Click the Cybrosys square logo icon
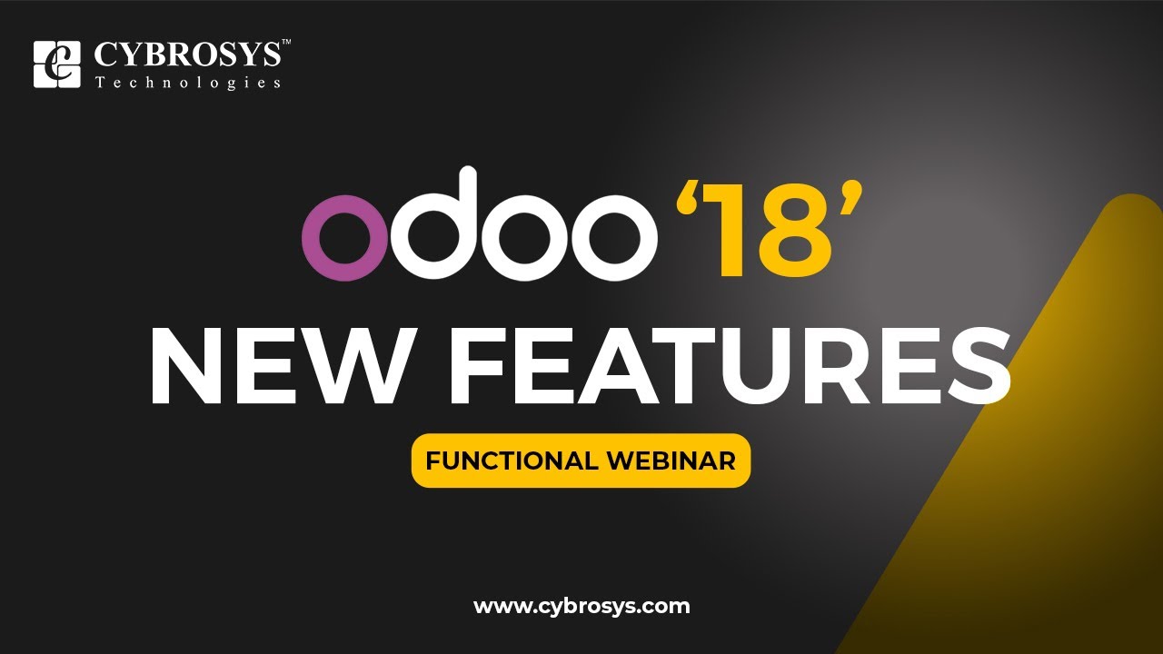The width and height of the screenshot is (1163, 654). (56, 64)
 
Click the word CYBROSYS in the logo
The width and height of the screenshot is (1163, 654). (186, 55)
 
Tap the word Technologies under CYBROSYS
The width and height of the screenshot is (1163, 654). (188, 83)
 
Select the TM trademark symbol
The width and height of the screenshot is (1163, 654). (286, 43)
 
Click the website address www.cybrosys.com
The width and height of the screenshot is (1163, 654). (581, 606)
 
